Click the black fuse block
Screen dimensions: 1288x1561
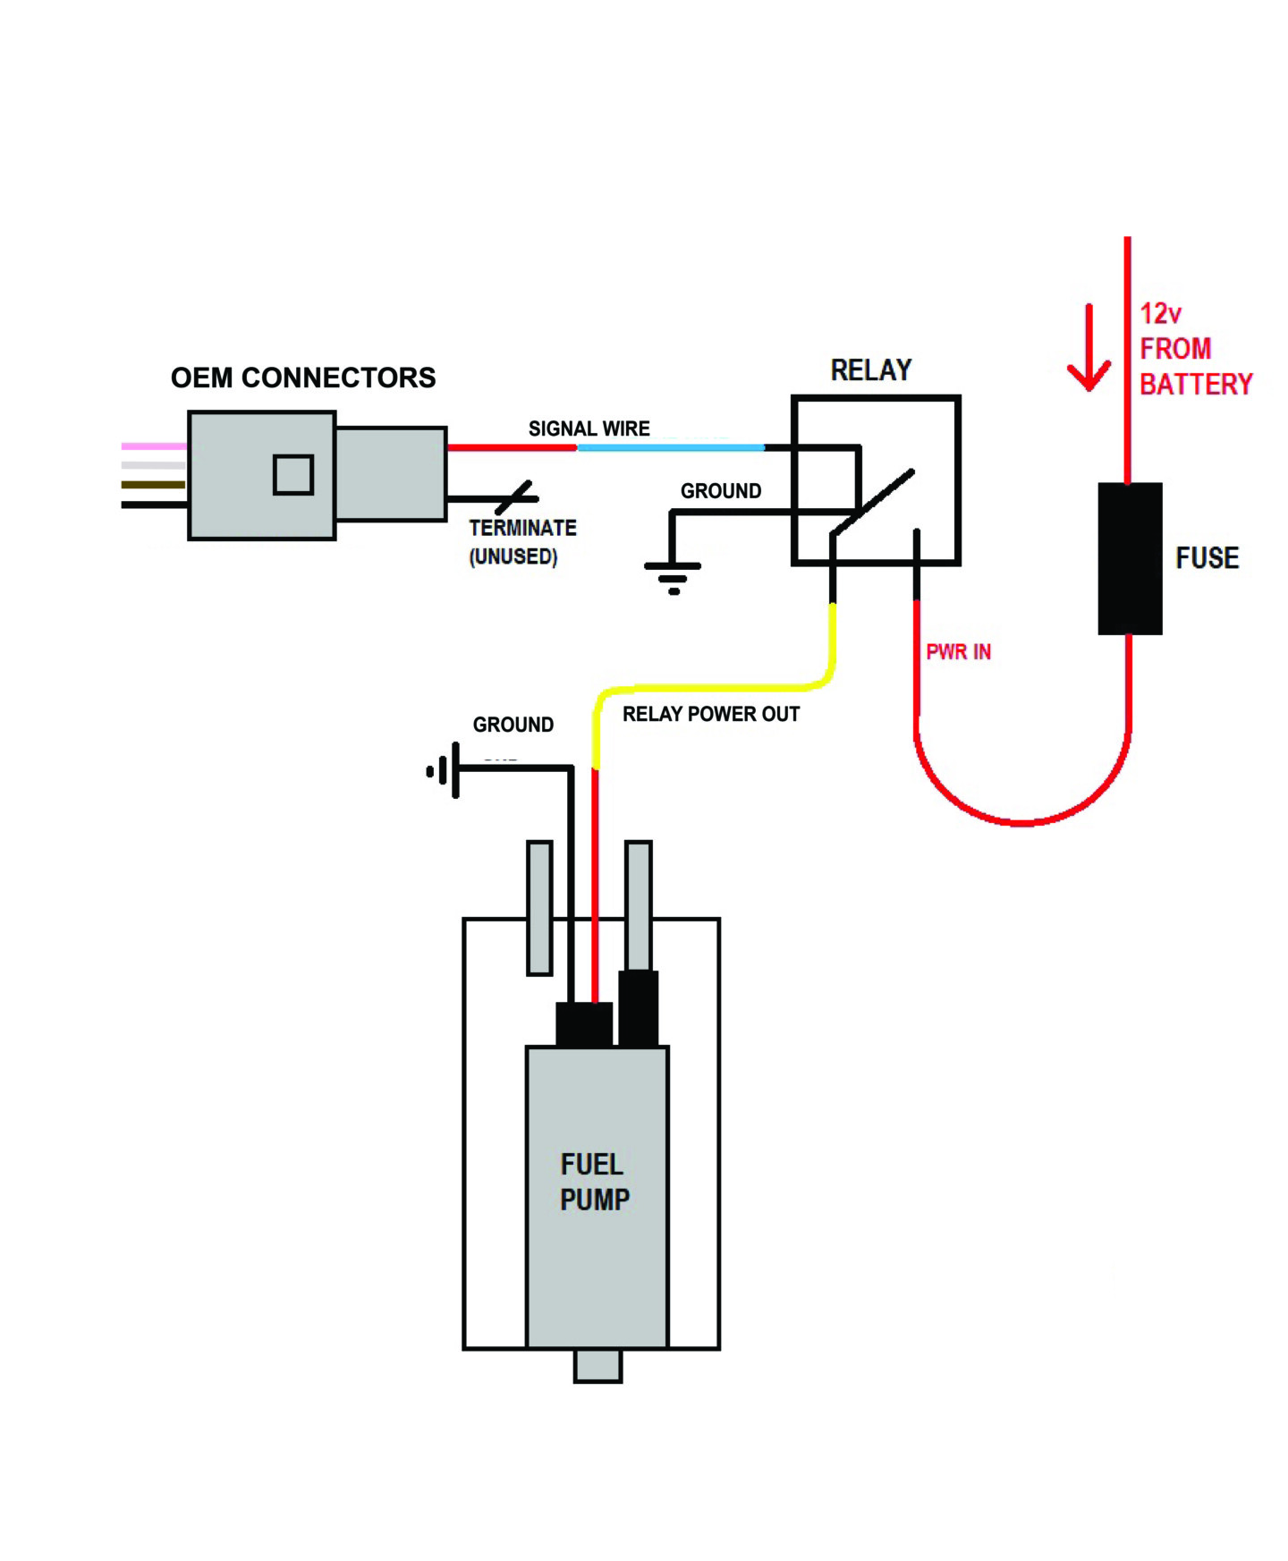click(x=1130, y=558)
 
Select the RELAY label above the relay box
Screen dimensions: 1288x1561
click(x=871, y=369)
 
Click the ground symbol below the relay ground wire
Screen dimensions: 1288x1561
click(x=673, y=577)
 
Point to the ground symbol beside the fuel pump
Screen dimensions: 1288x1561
click(x=445, y=769)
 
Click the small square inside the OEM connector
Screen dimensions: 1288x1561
click(x=293, y=474)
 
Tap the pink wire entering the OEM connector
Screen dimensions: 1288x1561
click(x=155, y=445)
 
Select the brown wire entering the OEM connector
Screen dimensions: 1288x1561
click(x=154, y=485)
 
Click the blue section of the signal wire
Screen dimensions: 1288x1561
click(x=671, y=447)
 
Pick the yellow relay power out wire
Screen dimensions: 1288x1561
click(x=716, y=687)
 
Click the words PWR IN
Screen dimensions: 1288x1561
click(x=958, y=651)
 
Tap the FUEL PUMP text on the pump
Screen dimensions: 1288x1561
click(x=594, y=1182)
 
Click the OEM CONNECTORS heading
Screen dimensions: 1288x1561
click(x=303, y=378)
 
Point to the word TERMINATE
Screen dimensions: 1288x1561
click(x=522, y=528)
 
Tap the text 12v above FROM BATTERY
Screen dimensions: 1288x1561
click(x=1160, y=313)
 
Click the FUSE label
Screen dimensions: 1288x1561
click(x=1207, y=558)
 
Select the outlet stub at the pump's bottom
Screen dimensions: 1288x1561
click(x=597, y=1365)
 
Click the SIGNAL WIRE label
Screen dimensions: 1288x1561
click(x=589, y=428)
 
